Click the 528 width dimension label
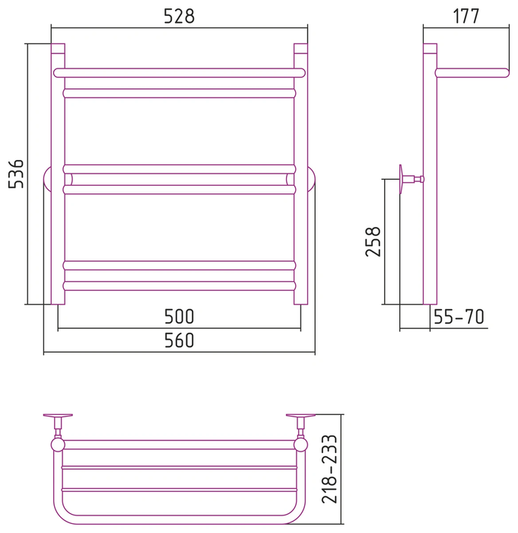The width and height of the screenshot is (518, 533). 179,16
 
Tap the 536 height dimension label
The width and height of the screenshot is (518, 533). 16,174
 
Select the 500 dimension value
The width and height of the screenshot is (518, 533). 179,317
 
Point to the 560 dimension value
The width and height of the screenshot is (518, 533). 179,340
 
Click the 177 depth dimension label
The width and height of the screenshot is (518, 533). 466,16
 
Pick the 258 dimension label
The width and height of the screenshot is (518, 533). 373,241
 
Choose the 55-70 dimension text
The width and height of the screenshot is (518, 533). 459,317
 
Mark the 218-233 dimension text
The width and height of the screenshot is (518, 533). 329,469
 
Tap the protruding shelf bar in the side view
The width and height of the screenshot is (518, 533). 472,73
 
